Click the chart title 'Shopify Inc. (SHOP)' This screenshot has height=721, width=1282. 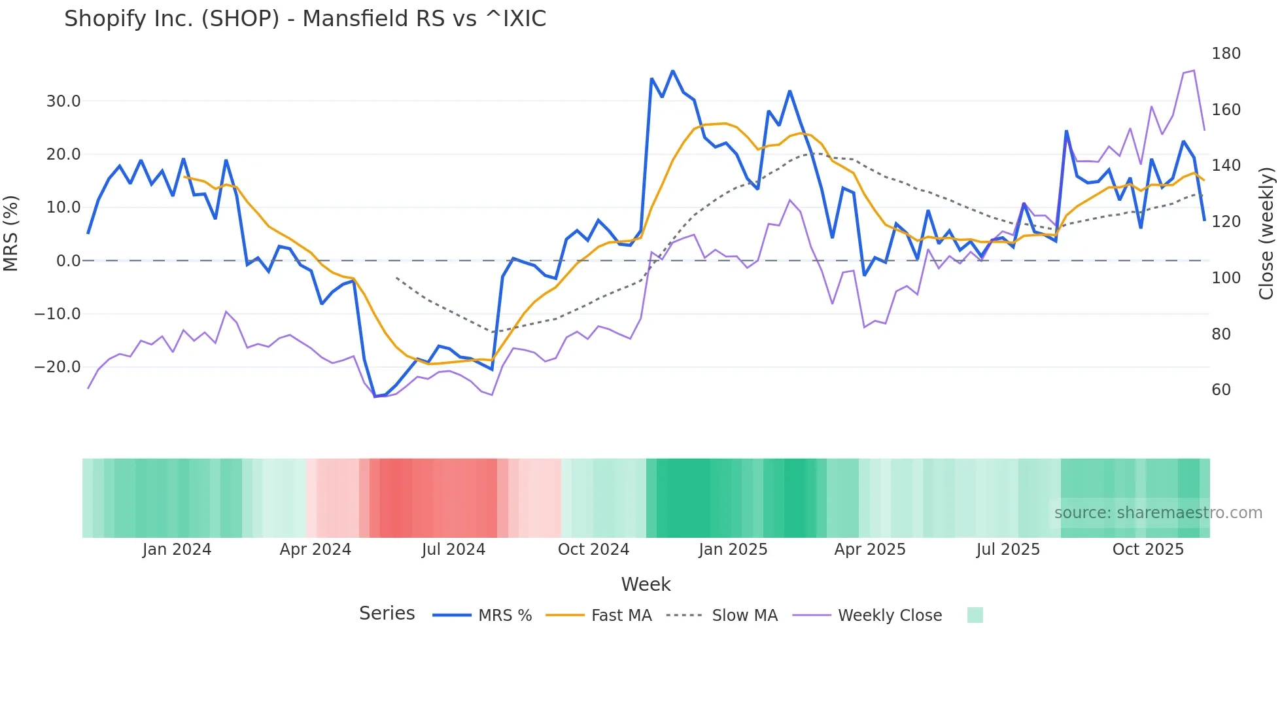[305, 19]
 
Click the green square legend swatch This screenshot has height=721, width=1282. [975, 615]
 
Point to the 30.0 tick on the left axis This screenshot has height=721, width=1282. [63, 101]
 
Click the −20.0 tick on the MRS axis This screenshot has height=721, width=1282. [58, 367]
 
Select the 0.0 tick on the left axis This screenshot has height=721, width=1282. [68, 261]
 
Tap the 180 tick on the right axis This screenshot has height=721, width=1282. [1226, 54]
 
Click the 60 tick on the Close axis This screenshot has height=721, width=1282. [1221, 390]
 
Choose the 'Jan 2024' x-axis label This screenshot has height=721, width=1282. [177, 550]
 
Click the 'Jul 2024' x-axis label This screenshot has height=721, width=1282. [453, 550]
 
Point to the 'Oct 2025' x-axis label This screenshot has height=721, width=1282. [1148, 550]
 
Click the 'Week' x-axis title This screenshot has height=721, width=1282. [646, 584]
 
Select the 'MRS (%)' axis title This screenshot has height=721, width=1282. [11, 234]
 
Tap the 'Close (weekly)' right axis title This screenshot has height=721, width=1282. [1266, 234]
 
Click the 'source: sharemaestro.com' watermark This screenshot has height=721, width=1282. [1158, 513]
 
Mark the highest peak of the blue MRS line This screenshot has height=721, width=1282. [672, 71]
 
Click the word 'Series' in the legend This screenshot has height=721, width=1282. [387, 614]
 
